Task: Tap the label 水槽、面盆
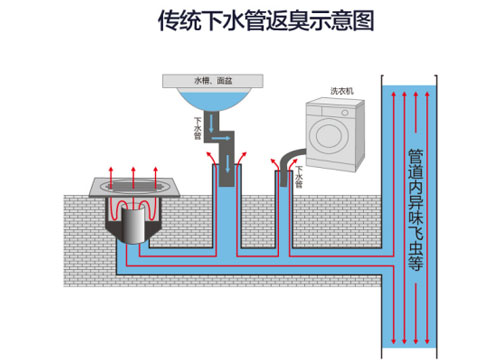[213, 79]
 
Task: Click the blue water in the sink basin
[213, 98]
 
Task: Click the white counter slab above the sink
[212, 79]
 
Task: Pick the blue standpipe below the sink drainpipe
[227, 215]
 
